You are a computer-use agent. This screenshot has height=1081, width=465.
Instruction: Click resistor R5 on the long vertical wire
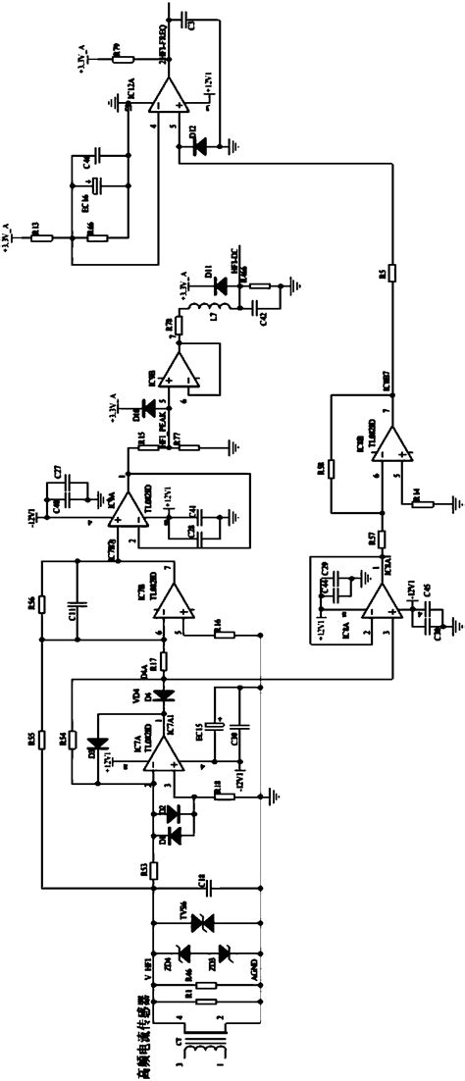pos(391,273)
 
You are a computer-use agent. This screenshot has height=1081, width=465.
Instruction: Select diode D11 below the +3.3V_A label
pos(217,283)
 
